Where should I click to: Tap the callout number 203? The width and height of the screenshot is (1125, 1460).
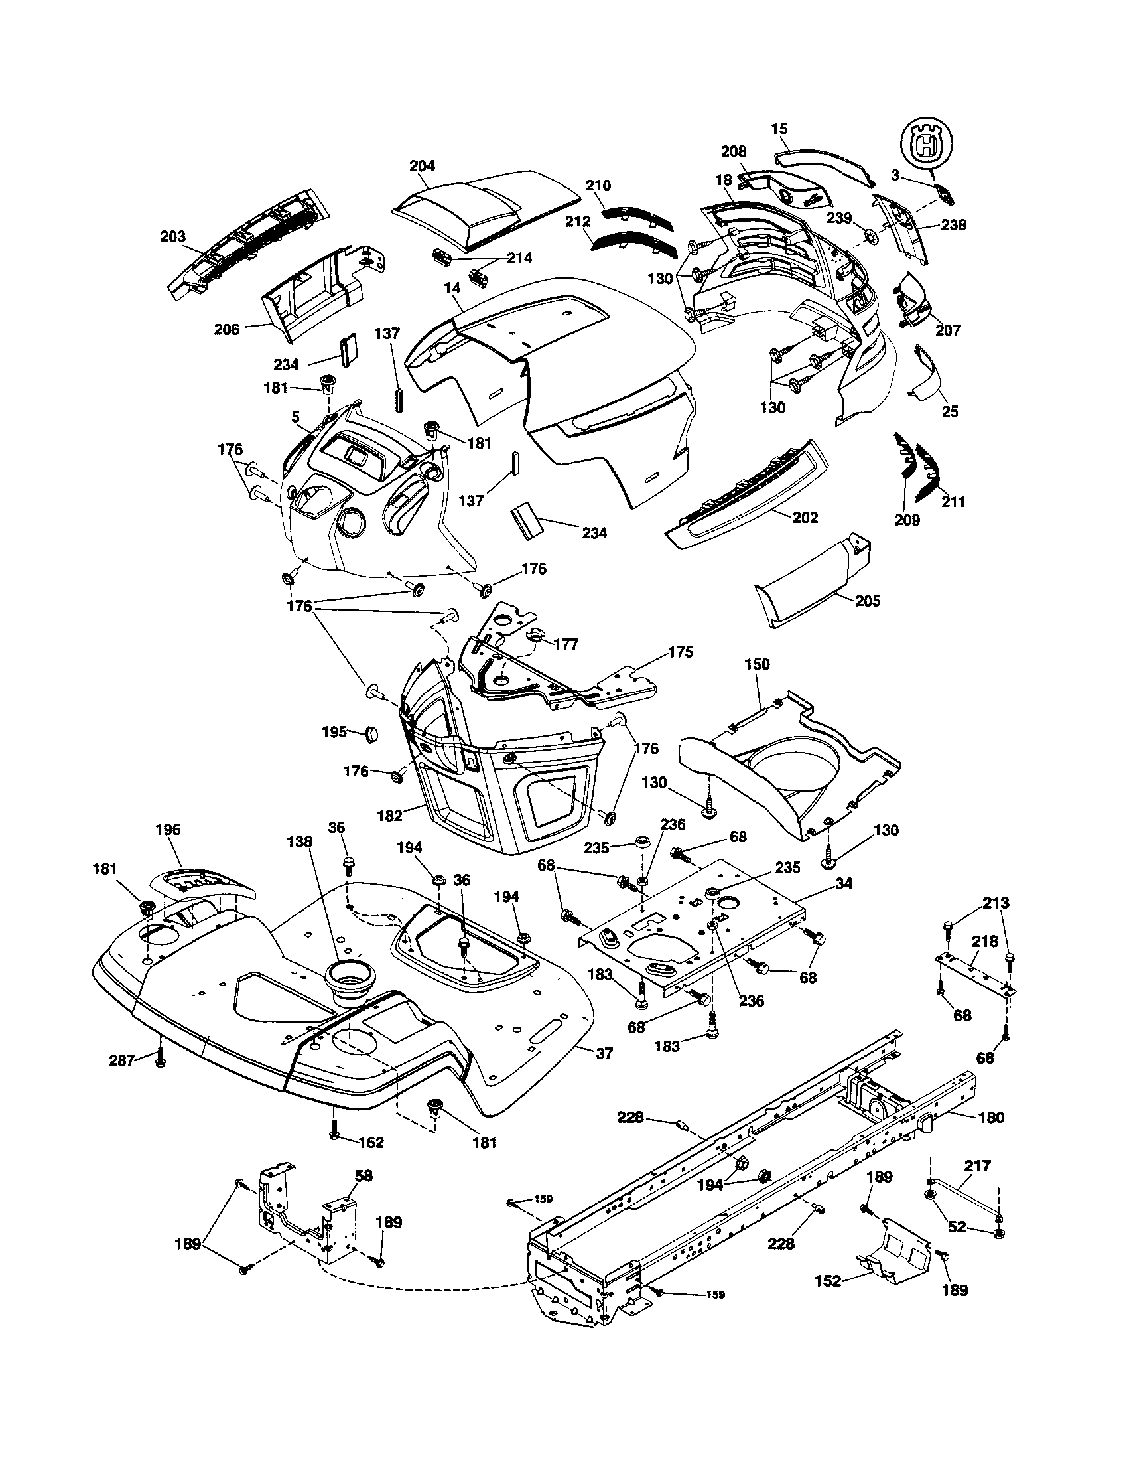pos(173,237)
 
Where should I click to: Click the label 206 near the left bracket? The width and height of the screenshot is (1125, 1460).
pos(227,330)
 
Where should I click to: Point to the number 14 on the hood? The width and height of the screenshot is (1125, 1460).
pos(452,288)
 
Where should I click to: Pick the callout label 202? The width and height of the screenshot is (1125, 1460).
pos(805,518)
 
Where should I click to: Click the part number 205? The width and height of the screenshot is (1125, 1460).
pos(867,601)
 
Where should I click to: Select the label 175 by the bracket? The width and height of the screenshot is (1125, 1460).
pos(680,652)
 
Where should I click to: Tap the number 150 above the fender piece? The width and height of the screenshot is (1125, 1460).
pos(757,664)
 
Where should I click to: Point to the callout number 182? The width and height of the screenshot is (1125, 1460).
pos(390,816)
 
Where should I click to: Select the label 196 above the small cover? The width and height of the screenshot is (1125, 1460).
pos(168,830)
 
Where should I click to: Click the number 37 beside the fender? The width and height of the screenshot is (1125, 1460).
pos(604,1054)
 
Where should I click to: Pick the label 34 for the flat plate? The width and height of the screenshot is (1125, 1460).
pos(844,883)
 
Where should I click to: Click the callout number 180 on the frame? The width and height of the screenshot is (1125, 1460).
pos(991,1117)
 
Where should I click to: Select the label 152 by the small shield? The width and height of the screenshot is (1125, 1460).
pos(828,1281)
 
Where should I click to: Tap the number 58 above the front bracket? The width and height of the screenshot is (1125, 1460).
pos(364,1175)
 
